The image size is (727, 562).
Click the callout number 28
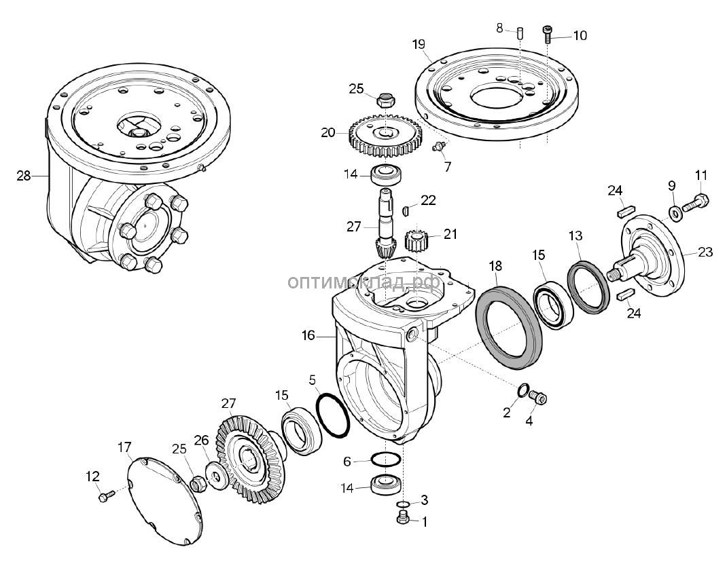(x=24, y=176)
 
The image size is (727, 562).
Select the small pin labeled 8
(x=519, y=32)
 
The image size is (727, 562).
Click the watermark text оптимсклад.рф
(x=363, y=281)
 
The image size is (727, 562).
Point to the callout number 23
(x=705, y=252)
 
